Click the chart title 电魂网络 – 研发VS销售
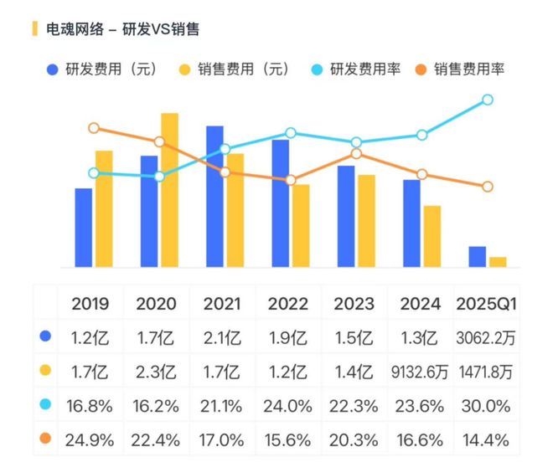pos(122,29)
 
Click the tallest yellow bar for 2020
pos(169,190)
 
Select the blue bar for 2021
pos(214,197)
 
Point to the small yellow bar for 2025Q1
pos(498,262)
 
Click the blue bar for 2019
pos(83,228)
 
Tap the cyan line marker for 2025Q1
pos(488,100)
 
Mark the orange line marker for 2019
pos(93,128)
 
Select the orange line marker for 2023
pos(356,154)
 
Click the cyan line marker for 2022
pos(291,133)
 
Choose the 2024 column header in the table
pos(421,304)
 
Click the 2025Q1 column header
pos(486,304)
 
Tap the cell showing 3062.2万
pos(486,339)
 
